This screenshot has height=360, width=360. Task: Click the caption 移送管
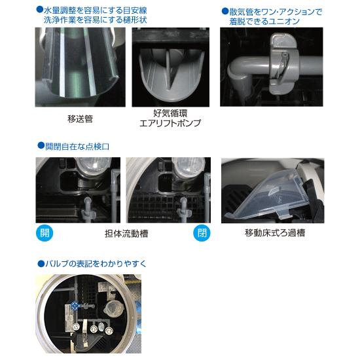(x=80, y=118)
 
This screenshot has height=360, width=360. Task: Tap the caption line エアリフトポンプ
(x=170, y=123)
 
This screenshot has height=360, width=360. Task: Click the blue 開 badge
(x=44, y=233)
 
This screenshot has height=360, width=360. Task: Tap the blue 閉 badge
(x=202, y=233)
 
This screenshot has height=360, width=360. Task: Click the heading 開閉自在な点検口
(x=76, y=147)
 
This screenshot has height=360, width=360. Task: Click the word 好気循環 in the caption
(x=170, y=113)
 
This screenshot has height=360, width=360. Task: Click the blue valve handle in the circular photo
(x=75, y=306)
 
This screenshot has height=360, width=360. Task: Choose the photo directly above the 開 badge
(x=78, y=190)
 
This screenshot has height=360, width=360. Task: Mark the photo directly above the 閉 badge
(x=168, y=190)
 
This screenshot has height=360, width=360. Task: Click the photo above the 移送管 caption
(x=80, y=67)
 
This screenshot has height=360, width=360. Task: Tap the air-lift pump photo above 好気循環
(x=170, y=67)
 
